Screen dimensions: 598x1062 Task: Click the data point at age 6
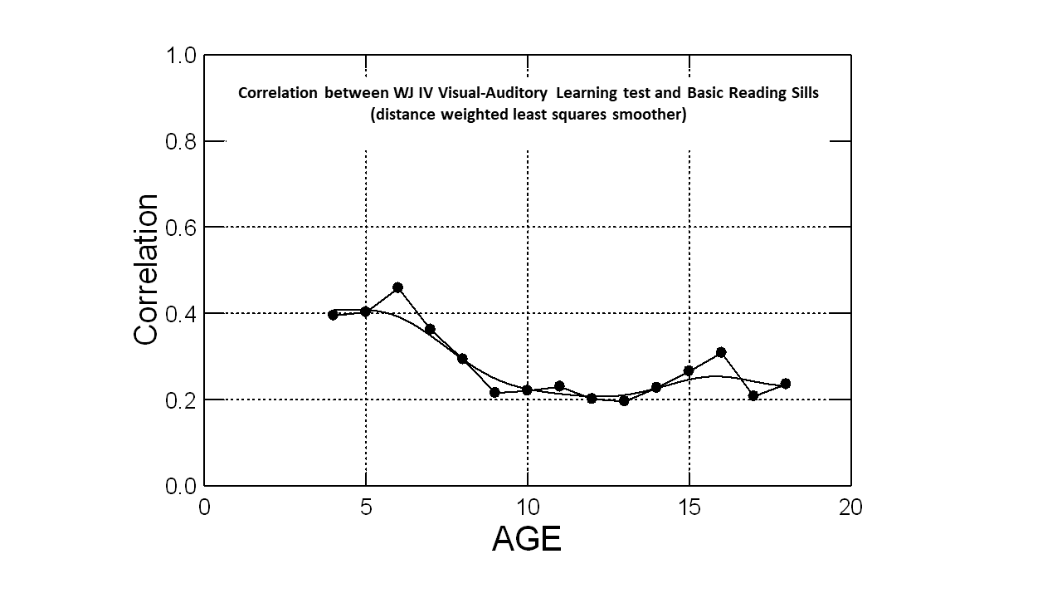tap(397, 287)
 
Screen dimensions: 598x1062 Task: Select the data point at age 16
tap(721, 352)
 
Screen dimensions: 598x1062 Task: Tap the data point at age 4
tap(333, 315)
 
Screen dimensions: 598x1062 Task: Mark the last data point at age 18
tap(786, 384)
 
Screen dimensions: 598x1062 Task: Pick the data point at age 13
tap(624, 400)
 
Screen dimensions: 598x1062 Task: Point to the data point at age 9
tap(494, 392)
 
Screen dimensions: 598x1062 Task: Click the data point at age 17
tap(753, 395)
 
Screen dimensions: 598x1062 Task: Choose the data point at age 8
tap(462, 359)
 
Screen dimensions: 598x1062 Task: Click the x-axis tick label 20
tap(850, 507)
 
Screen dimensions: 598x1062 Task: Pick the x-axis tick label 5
tap(366, 507)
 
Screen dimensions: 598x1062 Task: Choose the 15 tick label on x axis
tap(689, 507)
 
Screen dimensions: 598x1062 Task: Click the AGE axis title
tap(527, 539)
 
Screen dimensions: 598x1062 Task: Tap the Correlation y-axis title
tap(146, 269)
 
